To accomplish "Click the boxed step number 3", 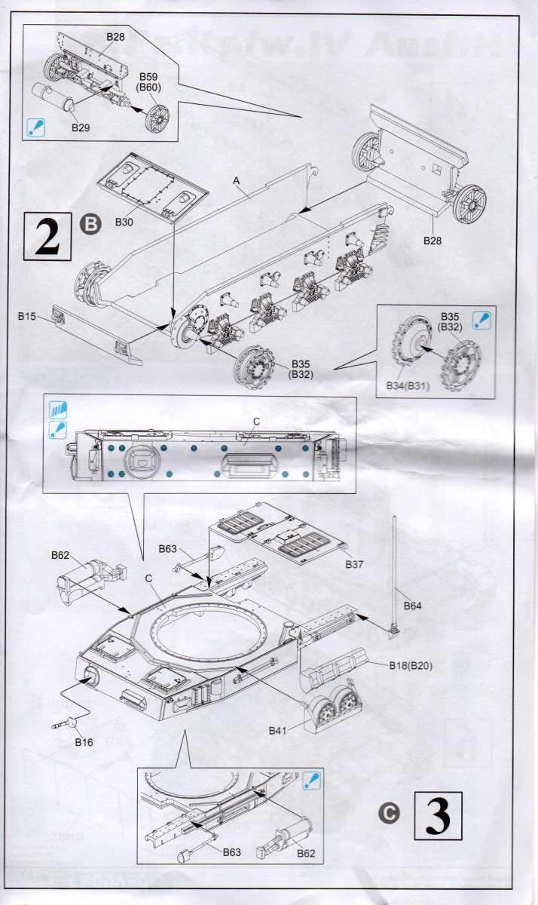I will [x=438, y=814].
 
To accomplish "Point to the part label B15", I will [x=27, y=318].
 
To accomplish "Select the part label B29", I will [x=81, y=127].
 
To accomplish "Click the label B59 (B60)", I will [x=150, y=81].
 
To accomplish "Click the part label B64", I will [x=413, y=606].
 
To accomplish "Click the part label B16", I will [x=84, y=742].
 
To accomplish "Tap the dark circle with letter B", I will [x=90, y=223].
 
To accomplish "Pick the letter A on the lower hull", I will [x=237, y=181].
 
